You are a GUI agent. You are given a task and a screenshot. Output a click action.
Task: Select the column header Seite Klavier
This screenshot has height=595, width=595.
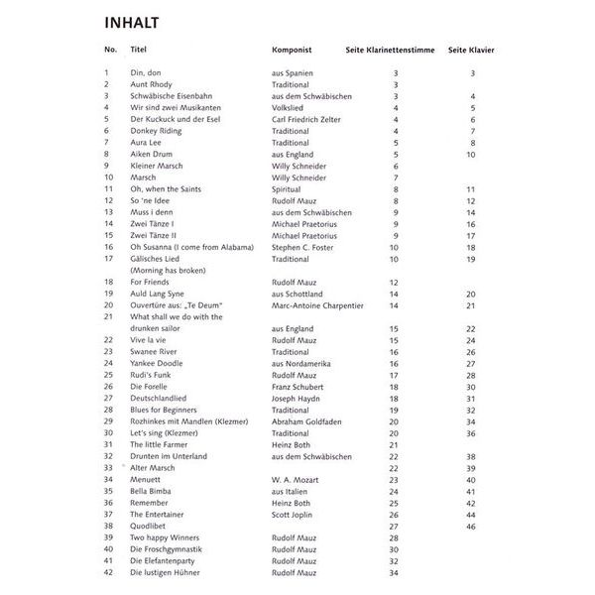coord(471,50)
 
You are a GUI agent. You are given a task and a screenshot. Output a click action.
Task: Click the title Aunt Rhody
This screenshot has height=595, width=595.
coord(152,84)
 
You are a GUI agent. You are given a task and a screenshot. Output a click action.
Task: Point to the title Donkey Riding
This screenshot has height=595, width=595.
coord(156,131)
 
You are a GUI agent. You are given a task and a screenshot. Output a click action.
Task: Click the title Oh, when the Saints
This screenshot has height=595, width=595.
coord(165,188)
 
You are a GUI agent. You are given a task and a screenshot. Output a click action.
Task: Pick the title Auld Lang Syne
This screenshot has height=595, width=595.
coord(159,295)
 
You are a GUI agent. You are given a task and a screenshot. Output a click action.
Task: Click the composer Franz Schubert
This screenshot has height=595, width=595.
coord(298,387)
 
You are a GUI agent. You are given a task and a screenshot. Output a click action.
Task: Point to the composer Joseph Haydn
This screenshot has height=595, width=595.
coord(296,399)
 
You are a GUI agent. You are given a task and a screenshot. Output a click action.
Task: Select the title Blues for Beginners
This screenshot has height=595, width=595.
coord(167,410)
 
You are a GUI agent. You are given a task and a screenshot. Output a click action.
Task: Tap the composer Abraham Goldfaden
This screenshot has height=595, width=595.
coord(307,421)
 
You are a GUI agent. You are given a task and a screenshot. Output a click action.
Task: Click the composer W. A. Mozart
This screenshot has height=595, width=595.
coord(295,480)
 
